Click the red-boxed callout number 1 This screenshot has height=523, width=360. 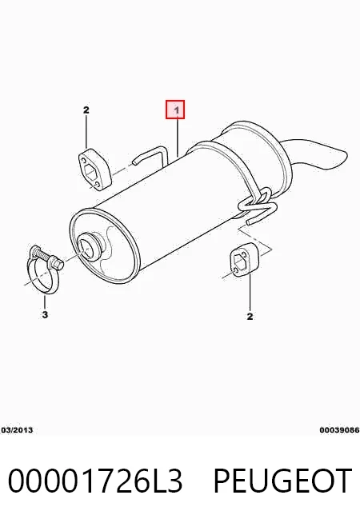175,110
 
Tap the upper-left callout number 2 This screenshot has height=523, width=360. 86,110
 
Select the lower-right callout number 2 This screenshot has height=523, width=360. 250,316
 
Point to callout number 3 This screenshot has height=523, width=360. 45,314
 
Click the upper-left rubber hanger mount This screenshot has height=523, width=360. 94,170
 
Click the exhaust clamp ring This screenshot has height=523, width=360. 42,276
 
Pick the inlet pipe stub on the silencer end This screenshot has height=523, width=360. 89,247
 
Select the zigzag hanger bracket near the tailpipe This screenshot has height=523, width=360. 258,206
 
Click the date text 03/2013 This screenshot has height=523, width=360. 17,430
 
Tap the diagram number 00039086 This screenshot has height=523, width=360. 339,430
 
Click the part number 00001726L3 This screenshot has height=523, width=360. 94,481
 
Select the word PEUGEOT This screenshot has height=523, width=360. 282,481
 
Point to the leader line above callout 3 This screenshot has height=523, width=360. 45,301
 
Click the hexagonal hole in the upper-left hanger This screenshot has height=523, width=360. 90,171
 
